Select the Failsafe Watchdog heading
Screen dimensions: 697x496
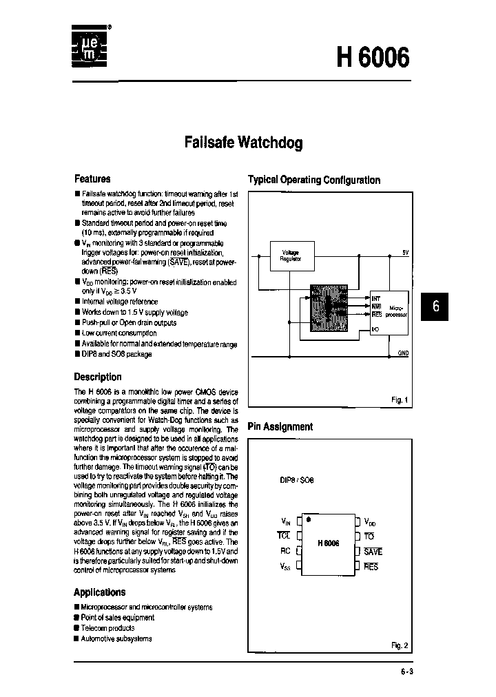243,143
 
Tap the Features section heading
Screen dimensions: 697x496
92,178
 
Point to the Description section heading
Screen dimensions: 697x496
98,377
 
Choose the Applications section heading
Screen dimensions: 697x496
100,592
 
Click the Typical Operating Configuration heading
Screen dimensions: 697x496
313,180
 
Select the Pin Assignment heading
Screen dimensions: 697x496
280,426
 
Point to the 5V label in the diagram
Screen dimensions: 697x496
405,252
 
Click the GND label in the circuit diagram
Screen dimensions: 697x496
403,353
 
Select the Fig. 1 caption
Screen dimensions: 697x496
400,400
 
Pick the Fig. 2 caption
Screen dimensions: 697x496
400,645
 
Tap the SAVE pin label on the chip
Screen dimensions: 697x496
373,552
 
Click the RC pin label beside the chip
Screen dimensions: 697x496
286,551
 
